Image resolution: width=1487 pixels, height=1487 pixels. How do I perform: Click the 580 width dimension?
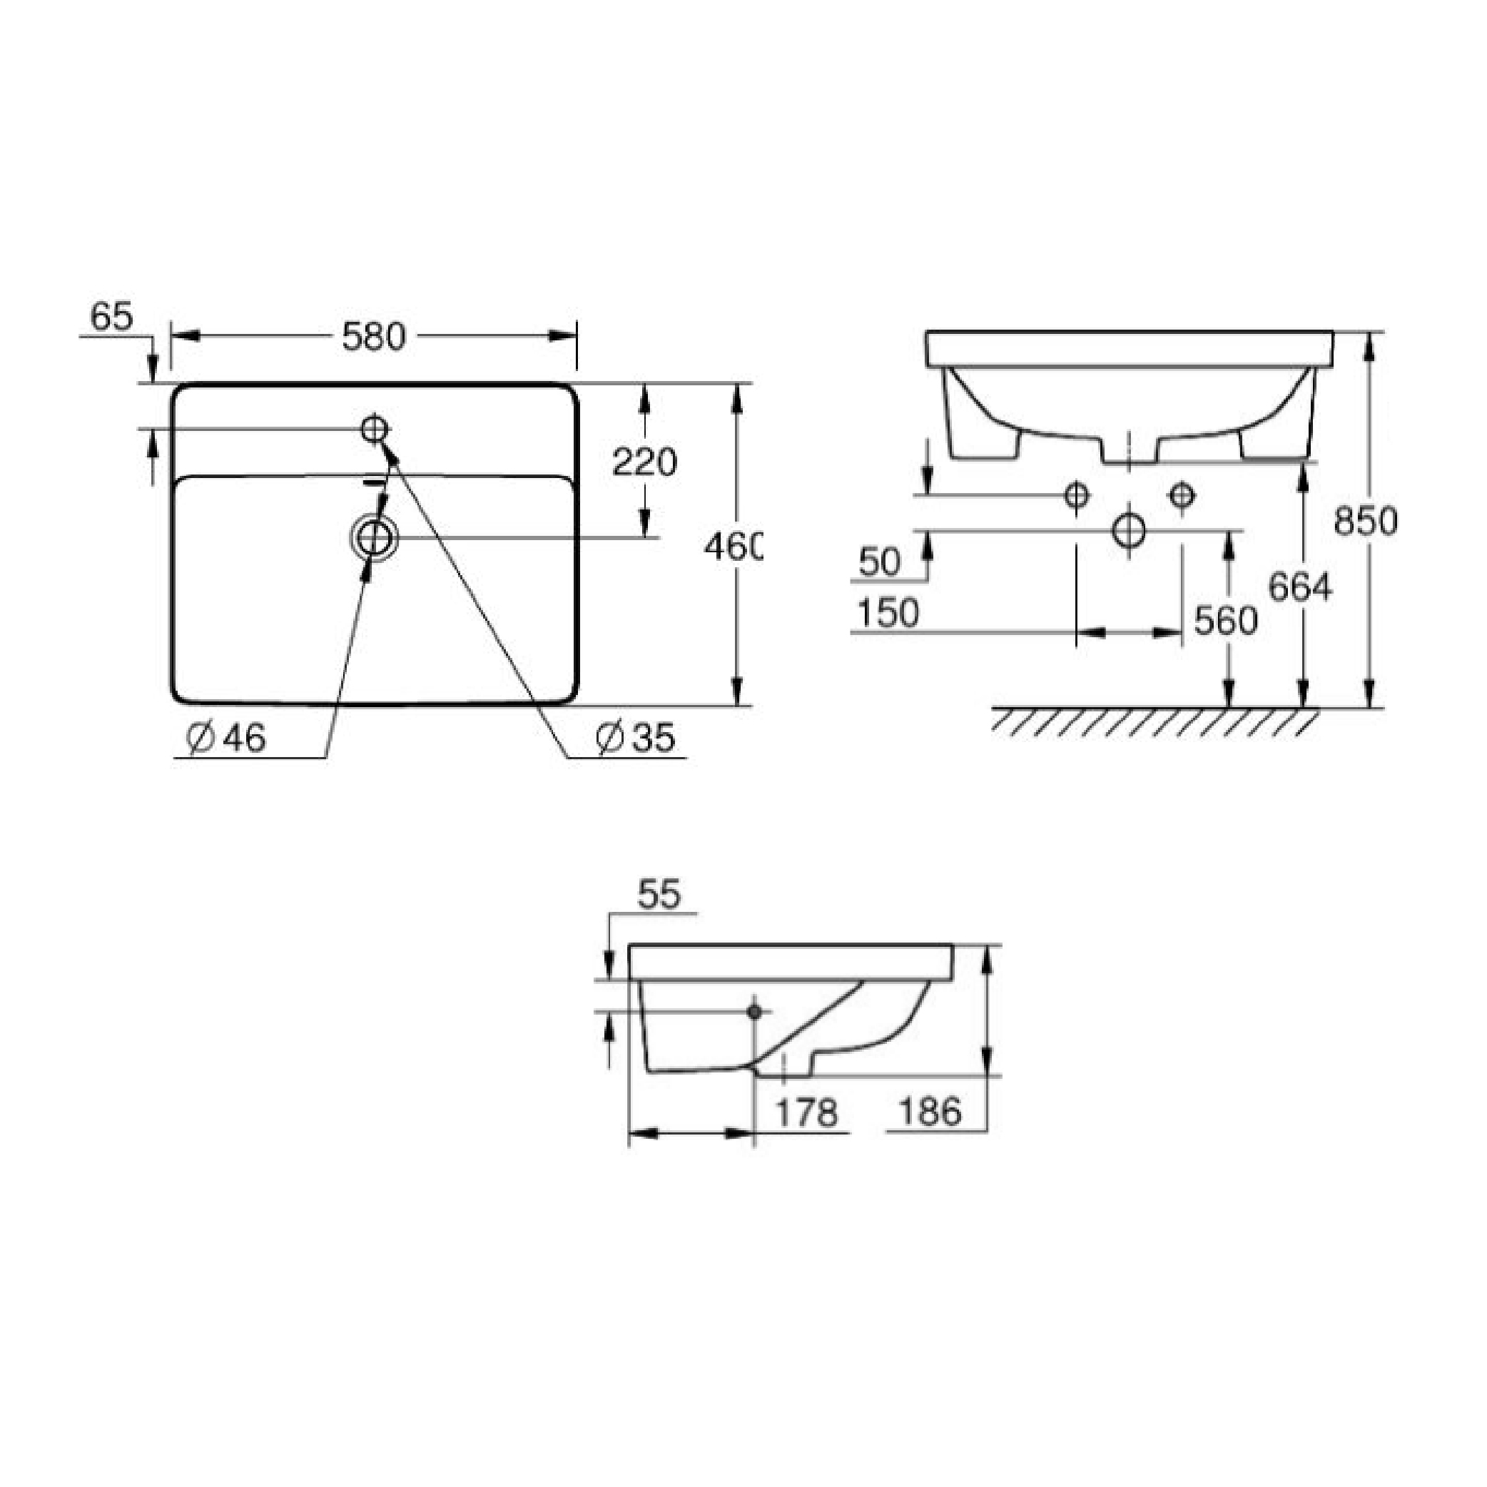click(x=373, y=337)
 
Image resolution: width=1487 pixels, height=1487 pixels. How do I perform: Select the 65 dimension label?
click(x=111, y=316)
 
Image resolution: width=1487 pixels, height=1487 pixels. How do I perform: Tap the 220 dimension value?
click(x=644, y=462)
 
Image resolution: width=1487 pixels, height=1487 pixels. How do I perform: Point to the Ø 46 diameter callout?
click(x=226, y=738)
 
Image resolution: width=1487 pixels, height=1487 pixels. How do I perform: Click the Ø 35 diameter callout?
click(x=636, y=738)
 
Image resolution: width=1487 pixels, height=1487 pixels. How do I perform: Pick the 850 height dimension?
click(x=1366, y=521)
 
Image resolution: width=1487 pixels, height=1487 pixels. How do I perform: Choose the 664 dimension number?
click(x=1300, y=587)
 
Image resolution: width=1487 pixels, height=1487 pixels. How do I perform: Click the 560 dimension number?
click(x=1226, y=620)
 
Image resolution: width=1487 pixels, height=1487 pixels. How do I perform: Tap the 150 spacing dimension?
click(x=888, y=614)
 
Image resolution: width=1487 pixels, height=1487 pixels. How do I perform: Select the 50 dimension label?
click(x=880, y=562)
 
